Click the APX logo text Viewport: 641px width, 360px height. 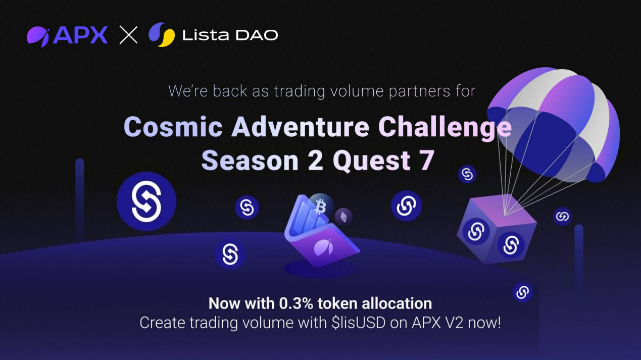(x=80, y=35)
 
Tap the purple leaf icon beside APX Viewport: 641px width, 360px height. (x=38, y=36)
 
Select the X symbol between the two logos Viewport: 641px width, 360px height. (x=128, y=35)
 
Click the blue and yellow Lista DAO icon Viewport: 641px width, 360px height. (x=162, y=35)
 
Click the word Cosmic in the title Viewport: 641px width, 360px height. (x=173, y=127)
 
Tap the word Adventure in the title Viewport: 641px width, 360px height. (x=300, y=127)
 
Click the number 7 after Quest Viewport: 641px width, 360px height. (x=426, y=161)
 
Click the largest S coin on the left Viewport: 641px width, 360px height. (x=146, y=201)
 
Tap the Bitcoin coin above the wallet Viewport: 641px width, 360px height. (x=320, y=206)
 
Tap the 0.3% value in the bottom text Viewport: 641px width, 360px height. (x=297, y=303)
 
